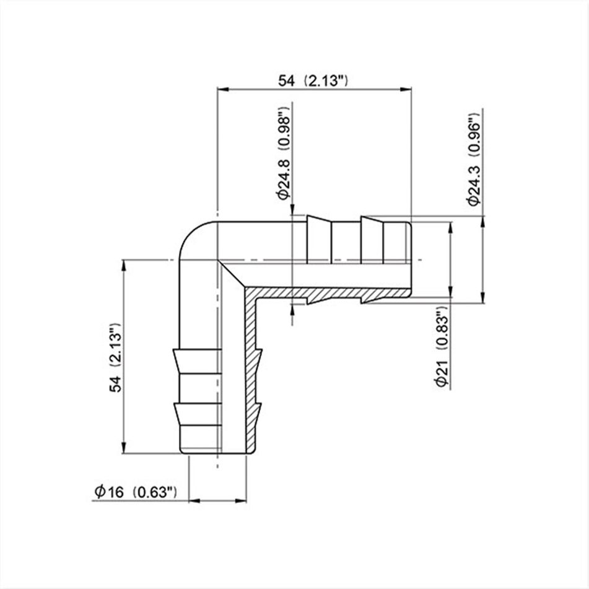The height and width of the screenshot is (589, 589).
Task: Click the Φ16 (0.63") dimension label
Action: pyautogui.click(x=137, y=492)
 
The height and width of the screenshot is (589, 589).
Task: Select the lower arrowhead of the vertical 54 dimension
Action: pyautogui.click(x=124, y=450)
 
